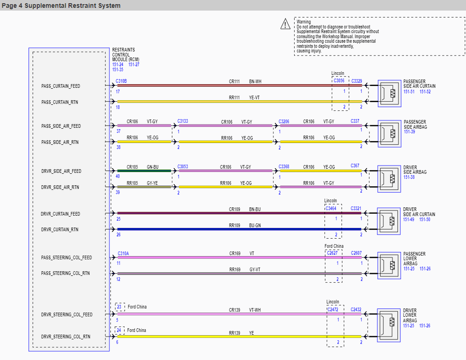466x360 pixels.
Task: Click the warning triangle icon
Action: [285, 24]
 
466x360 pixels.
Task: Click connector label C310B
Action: [121, 81]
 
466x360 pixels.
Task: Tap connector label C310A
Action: [123, 254]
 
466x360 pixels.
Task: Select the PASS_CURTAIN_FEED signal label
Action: [61, 86]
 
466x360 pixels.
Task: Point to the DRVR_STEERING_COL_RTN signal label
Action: [66, 337]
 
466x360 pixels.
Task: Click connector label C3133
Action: [183, 121]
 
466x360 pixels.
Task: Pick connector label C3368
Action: [284, 166]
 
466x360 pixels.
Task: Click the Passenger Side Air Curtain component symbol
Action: [389, 93]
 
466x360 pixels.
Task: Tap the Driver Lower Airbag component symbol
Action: [389, 322]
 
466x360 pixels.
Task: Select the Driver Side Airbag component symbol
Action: [389, 179]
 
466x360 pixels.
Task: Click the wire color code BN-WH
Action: [256, 81]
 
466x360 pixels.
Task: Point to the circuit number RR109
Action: [234, 225]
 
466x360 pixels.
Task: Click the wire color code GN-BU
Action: [153, 167]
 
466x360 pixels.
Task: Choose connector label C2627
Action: [332, 253]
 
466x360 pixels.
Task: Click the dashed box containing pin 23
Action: [120, 307]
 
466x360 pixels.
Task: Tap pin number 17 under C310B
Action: [118, 91]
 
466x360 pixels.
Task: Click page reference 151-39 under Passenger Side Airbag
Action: [409, 131]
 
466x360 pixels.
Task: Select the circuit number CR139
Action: [234, 310]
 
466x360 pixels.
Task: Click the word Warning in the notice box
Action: [304, 22]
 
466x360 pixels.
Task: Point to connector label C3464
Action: [331, 208]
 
